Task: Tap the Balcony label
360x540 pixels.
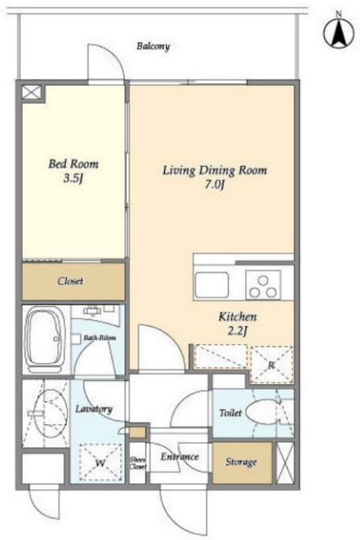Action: click(x=153, y=46)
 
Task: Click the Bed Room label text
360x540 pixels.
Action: click(x=73, y=164)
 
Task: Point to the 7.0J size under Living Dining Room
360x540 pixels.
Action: click(x=215, y=185)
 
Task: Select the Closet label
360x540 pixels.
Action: click(x=71, y=281)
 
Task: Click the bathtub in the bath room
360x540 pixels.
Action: click(x=46, y=339)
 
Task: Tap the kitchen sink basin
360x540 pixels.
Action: click(x=211, y=284)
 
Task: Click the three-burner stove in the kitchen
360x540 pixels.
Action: click(x=263, y=285)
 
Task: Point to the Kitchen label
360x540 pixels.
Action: click(x=237, y=317)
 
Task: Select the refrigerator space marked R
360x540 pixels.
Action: click(x=272, y=365)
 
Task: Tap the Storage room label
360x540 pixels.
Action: click(x=241, y=462)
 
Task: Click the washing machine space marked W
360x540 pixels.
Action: click(x=100, y=462)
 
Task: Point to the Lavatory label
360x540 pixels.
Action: click(x=94, y=409)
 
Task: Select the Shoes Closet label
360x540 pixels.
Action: click(x=137, y=463)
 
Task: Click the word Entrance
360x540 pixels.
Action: click(x=179, y=456)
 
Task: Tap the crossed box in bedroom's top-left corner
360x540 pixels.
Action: click(x=31, y=92)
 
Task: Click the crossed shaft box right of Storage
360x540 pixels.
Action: click(x=285, y=463)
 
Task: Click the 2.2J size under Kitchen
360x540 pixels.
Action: click(x=237, y=331)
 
